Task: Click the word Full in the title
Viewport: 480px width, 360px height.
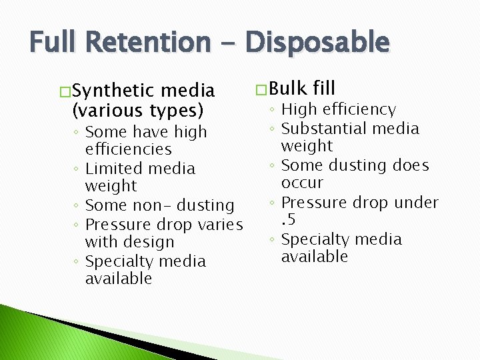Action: [x=54, y=43]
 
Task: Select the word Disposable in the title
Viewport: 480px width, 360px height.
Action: [x=317, y=43]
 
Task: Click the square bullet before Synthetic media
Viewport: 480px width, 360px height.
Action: [x=63, y=91]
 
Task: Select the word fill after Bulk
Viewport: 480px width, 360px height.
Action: [x=324, y=88]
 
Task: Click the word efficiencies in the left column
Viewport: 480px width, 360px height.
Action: [x=129, y=149]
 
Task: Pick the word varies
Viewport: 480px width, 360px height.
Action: [x=221, y=225]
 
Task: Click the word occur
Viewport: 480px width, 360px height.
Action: [x=302, y=183]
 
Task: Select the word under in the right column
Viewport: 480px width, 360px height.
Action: [x=415, y=203]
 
